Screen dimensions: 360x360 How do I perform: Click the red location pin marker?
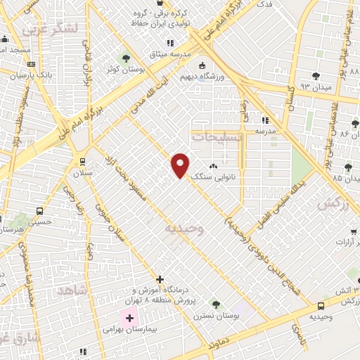pyautogui.click(x=181, y=165)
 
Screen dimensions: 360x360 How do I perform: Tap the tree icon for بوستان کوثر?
pyautogui.click(x=127, y=58)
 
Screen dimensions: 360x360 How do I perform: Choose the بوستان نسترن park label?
pyautogui.click(x=214, y=317)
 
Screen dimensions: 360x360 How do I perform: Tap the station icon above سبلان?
pyautogui.click(x=83, y=160)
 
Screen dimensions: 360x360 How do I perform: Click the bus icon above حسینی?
pyautogui.click(x=39, y=210)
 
